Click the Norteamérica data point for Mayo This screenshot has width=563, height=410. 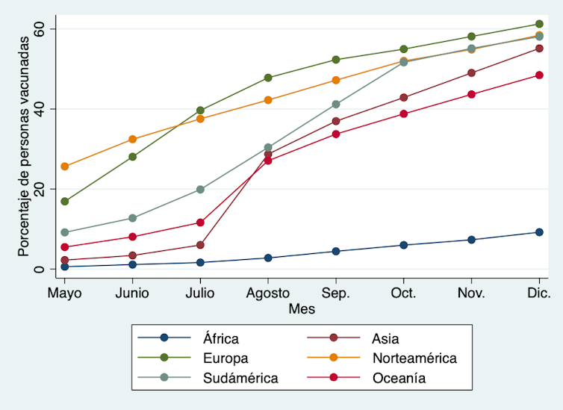[x=65, y=167]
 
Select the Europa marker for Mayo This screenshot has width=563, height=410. [x=65, y=202]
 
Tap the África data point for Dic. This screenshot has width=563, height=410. [x=539, y=232]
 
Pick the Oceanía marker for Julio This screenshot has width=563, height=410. [x=200, y=223]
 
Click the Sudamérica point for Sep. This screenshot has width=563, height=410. [x=336, y=105]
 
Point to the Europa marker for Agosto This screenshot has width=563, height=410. [x=268, y=78]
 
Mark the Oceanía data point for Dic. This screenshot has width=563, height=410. [x=539, y=75]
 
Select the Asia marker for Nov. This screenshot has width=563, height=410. [x=471, y=73]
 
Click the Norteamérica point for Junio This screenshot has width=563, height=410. [x=133, y=140]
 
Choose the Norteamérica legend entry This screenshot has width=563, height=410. [x=414, y=358]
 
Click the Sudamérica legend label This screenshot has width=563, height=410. [x=240, y=378]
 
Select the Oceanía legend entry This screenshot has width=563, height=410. [x=399, y=378]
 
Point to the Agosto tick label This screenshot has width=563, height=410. [x=268, y=292]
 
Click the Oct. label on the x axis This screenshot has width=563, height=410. [x=404, y=292]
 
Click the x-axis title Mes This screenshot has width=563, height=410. [x=302, y=308]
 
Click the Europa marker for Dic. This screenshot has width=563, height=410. [x=539, y=25]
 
